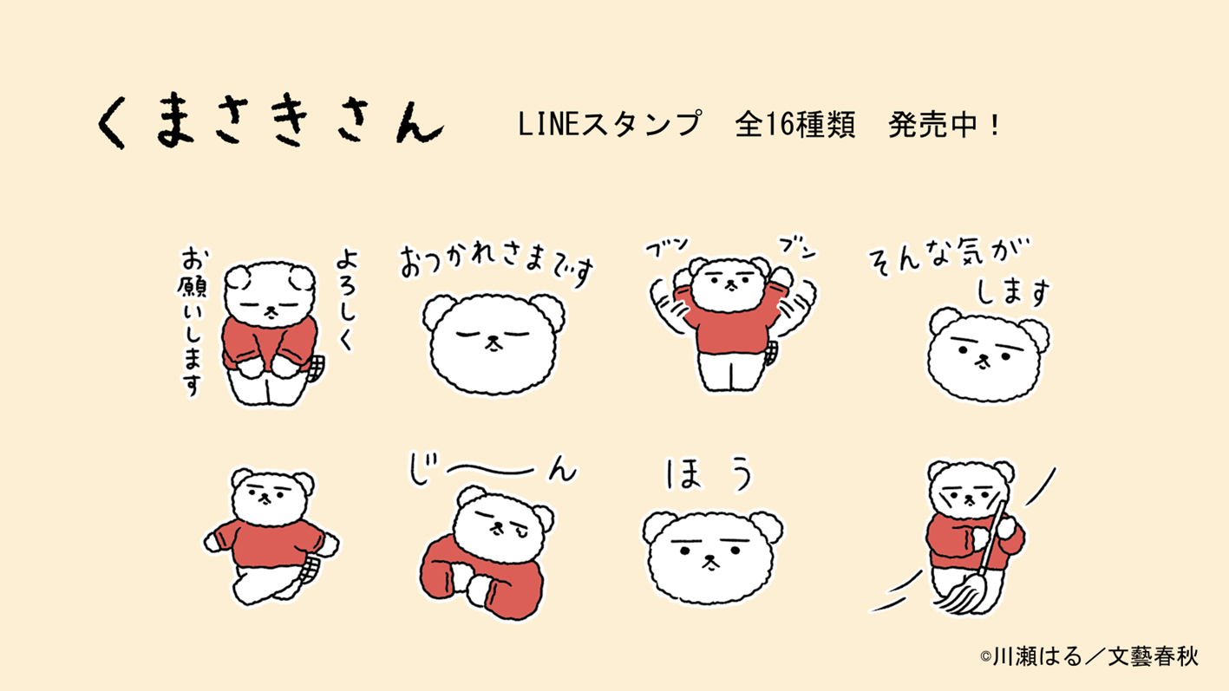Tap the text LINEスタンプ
tap(608, 125)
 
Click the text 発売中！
tap(945, 125)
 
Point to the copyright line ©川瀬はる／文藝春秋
tap(1088, 655)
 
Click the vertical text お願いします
tap(192, 321)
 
